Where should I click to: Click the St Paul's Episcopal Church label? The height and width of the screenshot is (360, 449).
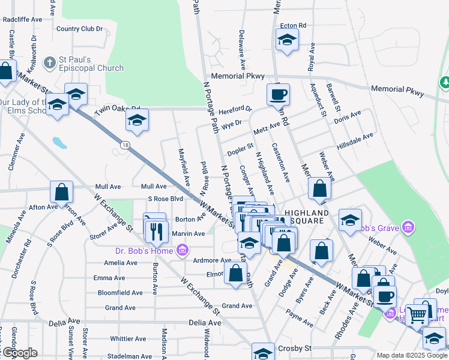click(x=90, y=64)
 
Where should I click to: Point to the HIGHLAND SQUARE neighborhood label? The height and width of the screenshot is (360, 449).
click(x=307, y=217)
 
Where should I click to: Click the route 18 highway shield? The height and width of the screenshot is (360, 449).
click(x=124, y=145)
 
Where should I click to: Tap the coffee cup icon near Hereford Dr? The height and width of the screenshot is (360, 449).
click(x=279, y=94)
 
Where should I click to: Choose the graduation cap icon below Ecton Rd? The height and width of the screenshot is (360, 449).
click(x=287, y=41)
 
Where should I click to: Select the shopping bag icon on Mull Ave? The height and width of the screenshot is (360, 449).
click(x=62, y=192)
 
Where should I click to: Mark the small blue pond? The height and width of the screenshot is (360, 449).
click(x=59, y=143)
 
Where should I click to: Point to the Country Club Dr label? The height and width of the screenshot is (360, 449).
click(x=80, y=28)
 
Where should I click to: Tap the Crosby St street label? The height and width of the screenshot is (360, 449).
click(x=295, y=348)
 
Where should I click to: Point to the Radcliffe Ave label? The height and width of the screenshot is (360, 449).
click(x=22, y=19)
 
